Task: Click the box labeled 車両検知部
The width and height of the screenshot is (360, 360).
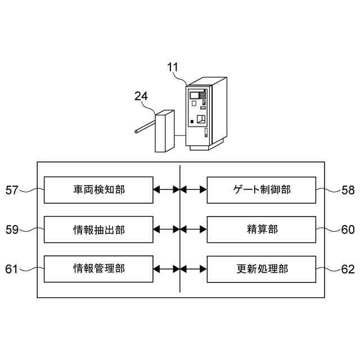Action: (x=98, y=190)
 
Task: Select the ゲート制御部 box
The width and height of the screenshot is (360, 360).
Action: (x=262, y=190)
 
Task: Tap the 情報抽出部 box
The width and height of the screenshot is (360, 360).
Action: (x=98, y=229)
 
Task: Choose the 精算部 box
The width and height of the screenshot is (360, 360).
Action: (x=262, y=229)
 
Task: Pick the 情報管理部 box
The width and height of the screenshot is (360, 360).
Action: (x=98, y=269)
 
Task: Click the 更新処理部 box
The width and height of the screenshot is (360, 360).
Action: (x=262, y=269)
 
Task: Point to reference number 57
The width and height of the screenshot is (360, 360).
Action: (x=12, y=190)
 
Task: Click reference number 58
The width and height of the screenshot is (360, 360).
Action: (x=348, y=190)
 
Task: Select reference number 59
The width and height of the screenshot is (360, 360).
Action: (x=12, y=229)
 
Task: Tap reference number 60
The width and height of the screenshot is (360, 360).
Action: (x=348, y=229)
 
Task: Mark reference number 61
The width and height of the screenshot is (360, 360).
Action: (x=12, y=269)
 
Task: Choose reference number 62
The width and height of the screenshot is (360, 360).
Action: (x=348, y=269)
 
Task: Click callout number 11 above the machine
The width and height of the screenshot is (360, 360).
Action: (x=173, y=67)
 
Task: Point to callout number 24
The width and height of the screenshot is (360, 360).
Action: (x=141, y=96)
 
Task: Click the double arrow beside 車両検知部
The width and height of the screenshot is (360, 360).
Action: (x=166, y=190)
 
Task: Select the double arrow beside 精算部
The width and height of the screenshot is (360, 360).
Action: (x=193, y=229)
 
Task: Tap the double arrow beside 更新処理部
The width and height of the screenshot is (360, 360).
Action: (x=193, y=269)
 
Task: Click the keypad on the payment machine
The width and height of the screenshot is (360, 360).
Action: (x=202, y=96)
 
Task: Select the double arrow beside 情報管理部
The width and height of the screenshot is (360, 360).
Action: (x=166, y=269)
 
